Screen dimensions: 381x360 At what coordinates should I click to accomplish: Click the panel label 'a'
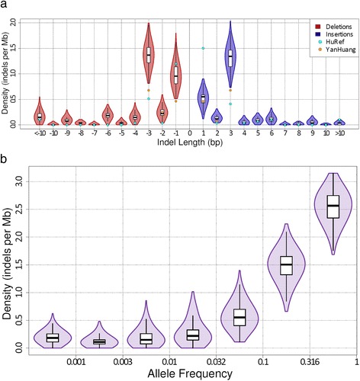pyautogui.click(x=5, y=5)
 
